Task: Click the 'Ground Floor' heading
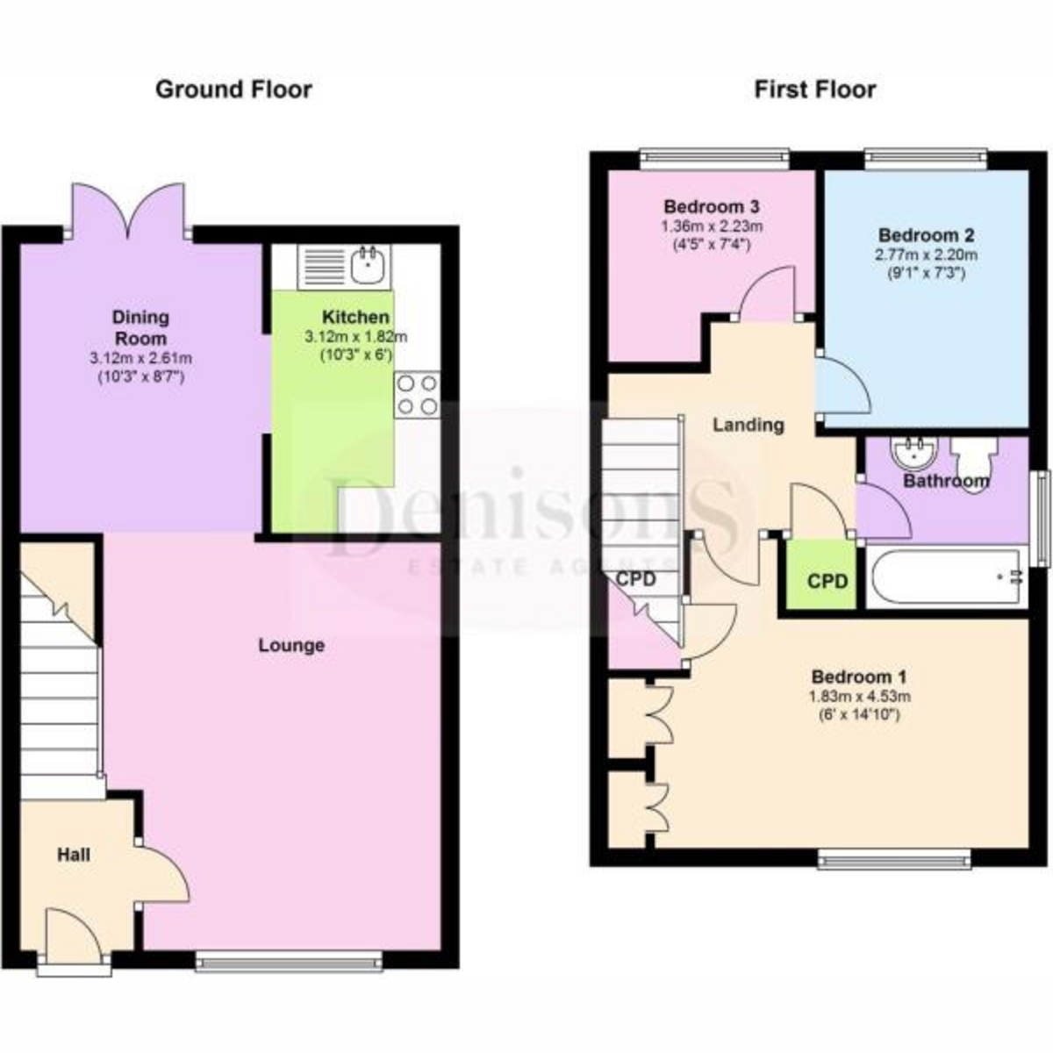click(x=234, y=90)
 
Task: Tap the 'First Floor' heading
click(x=815, y=90)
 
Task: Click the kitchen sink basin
click(x=369, y=265)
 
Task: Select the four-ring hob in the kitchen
click(x=418, y=395)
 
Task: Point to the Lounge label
click(x=291, y=645)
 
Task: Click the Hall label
click(x=75, y=855)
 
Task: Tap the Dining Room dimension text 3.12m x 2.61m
click(x=141, y=359)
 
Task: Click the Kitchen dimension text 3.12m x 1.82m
click(x=355, y=337)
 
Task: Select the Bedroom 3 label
click(x=712, y=206)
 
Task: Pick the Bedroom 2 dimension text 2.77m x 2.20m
click(x=927, y=254)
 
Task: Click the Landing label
click(x=749, y=425)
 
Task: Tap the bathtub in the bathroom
click(x=946, y=577)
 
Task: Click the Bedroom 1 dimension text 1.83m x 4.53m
click(x=860, y=696)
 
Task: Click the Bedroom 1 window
click(x=894, y=861)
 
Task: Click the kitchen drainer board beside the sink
click(x=322, y=266)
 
